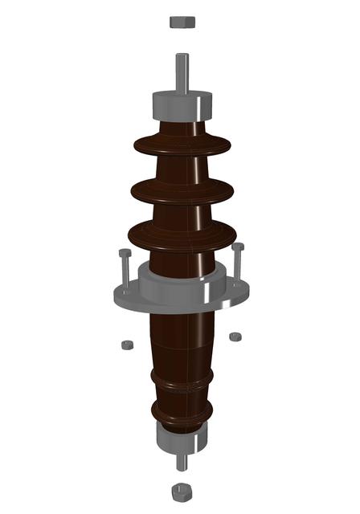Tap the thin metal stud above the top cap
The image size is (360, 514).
point(182,72)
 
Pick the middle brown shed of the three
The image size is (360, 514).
point(182,190)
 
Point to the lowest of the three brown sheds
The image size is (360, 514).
point(182,236)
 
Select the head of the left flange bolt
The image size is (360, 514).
point(125,253)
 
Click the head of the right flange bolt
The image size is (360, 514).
point(238,247)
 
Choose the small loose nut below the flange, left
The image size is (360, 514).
point(127,345)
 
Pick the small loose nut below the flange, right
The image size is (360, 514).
point(235,336)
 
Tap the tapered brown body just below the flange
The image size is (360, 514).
point(182,337)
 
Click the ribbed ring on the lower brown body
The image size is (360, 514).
point(182,378)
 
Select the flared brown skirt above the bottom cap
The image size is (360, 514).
point(182,414)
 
